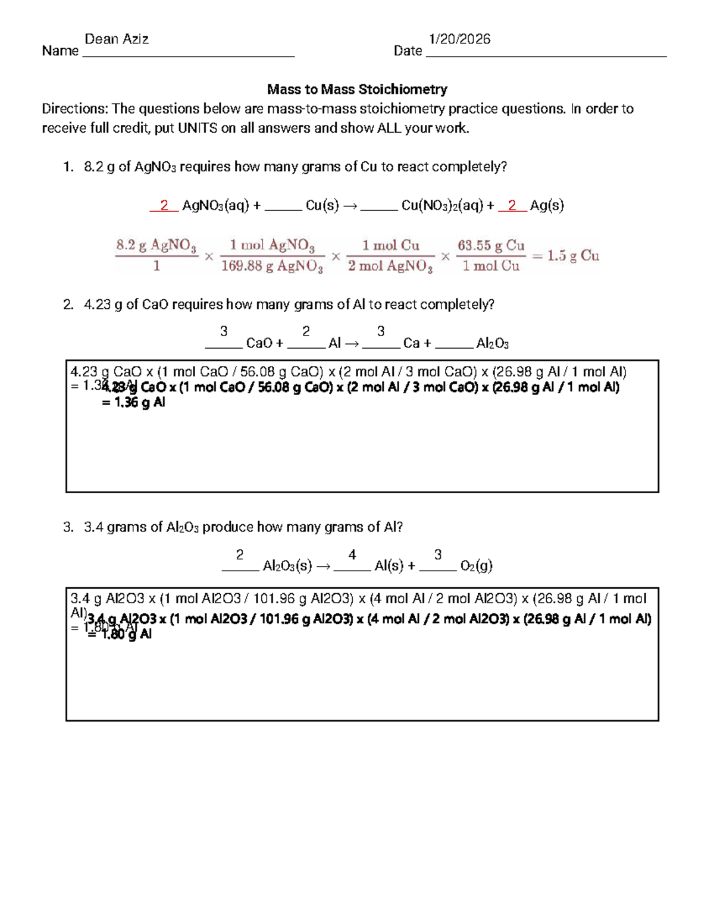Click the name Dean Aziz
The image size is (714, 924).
click(x=117, y=39)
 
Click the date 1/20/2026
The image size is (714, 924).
click(x=459, y=39)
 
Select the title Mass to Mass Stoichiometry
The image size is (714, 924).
click(x=357, y=89)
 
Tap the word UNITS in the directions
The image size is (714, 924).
click(x=198, y=128)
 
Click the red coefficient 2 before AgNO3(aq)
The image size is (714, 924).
click(x=164, y=205)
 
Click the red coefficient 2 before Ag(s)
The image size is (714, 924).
click(x=512, y=205)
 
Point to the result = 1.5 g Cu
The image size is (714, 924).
click(x=566, y=256)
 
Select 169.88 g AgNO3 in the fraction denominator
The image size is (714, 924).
click(x=272, y=266)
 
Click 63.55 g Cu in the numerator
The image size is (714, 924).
click(x=491, y=245)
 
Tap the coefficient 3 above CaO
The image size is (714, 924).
click(x=224, y=331)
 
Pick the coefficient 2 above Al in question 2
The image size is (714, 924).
click(x=306, y=331)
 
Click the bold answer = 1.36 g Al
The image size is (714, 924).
click(x=133, y=403)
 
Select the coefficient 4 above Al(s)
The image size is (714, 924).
click(x=352, y=555)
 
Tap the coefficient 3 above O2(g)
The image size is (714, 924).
click(x=438, y=555)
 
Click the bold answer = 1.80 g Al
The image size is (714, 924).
click(x=119, y=635)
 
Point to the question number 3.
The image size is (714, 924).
click(x=68, y=527)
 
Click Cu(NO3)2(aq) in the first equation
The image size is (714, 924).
click(x=442, y=206)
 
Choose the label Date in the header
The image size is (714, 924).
click(x=408, y=51)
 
